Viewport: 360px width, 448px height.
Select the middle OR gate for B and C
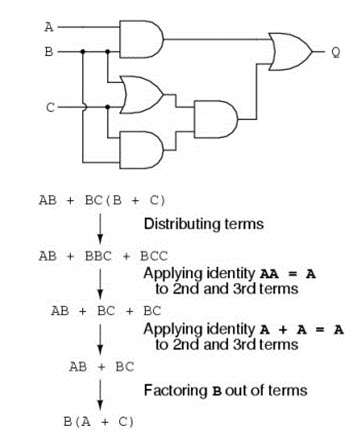point(139,96)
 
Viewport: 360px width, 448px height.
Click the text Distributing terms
point(204,224)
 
